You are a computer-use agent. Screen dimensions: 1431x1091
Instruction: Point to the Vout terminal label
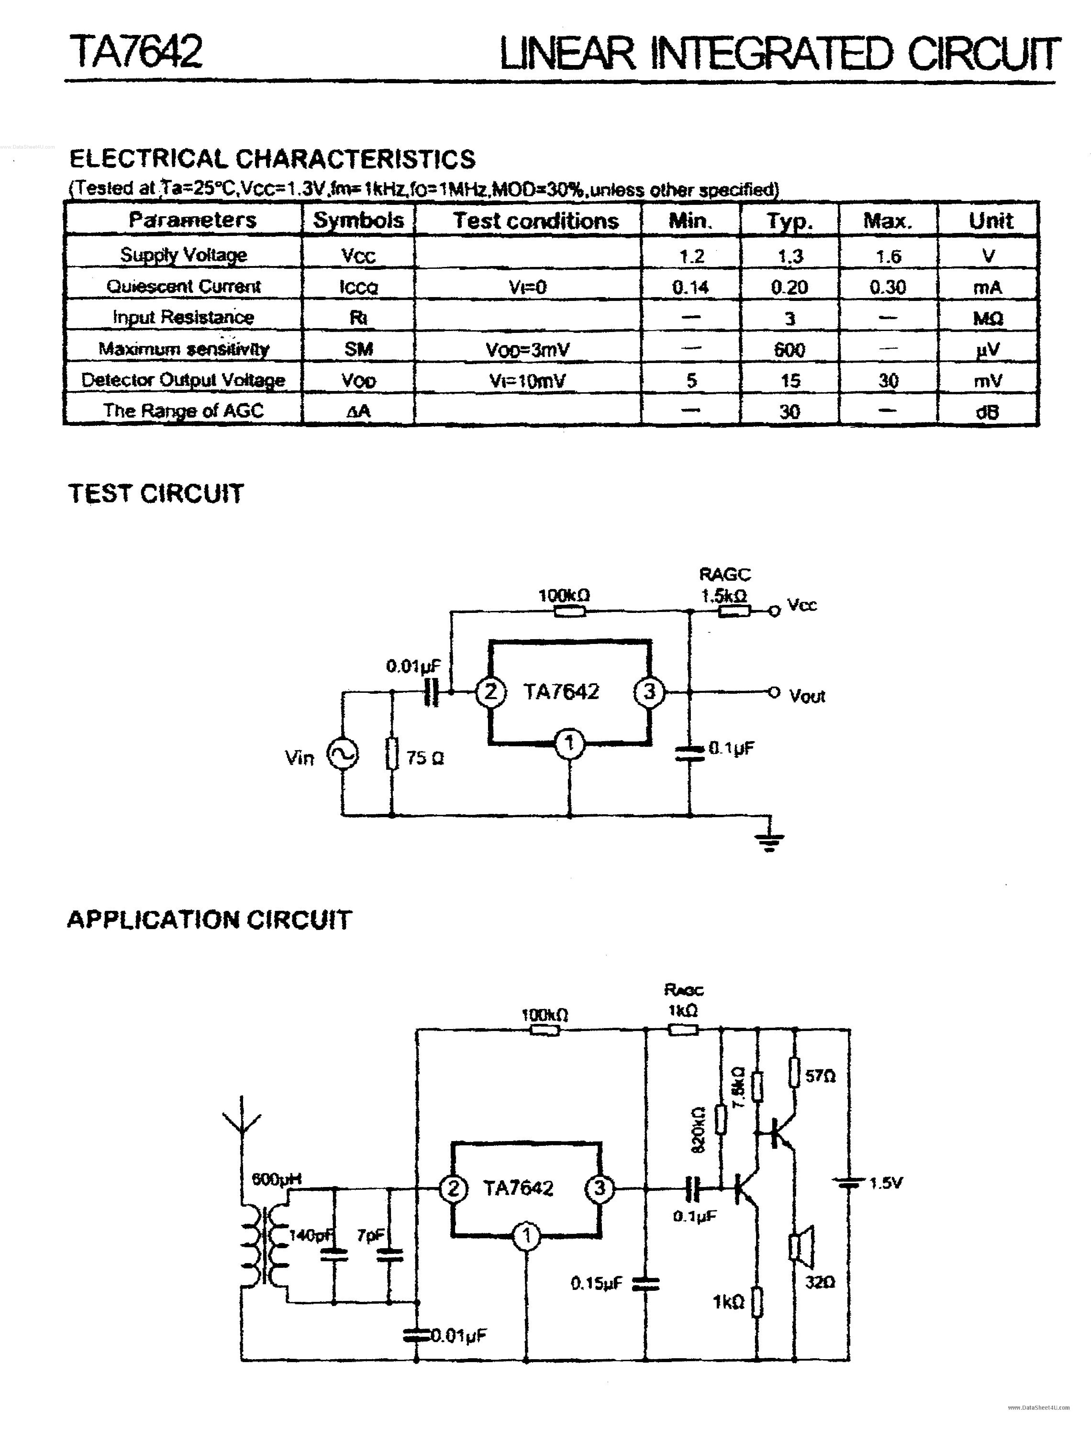[x=807, y=696]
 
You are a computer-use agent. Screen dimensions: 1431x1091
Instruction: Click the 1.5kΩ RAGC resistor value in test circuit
[x=723, y=595]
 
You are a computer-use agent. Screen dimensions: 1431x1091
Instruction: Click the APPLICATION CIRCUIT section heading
[x=209, y=920]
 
